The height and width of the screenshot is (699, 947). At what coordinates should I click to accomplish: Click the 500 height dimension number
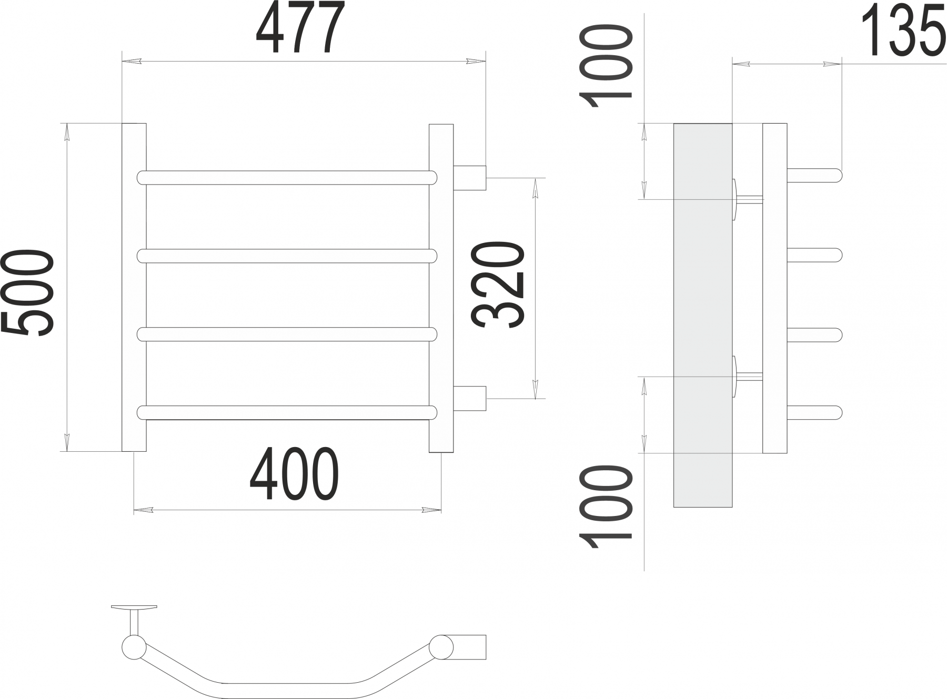click(27, 293)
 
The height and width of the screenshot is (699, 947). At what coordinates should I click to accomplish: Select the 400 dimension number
click(294, 475)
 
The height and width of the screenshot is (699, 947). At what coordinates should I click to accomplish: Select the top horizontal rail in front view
click(287, 177)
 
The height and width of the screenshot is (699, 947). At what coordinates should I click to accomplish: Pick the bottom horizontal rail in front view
click(287, 412)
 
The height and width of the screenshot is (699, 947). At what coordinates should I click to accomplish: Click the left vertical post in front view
click(134, 287)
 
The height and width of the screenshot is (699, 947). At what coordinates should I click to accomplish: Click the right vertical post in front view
click(441, 287)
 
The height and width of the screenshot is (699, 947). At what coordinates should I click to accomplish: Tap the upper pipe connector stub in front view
click(470, 177)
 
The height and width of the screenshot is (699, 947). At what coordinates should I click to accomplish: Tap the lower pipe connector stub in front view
click(470, 398)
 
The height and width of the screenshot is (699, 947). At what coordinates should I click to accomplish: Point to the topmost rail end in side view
click(814, 175)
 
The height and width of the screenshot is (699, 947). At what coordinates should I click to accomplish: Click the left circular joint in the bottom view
click(134, 647)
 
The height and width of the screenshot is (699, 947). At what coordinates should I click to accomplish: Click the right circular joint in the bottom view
click(440, 647)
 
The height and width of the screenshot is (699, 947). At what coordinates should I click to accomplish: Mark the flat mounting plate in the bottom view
click(134, 607)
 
